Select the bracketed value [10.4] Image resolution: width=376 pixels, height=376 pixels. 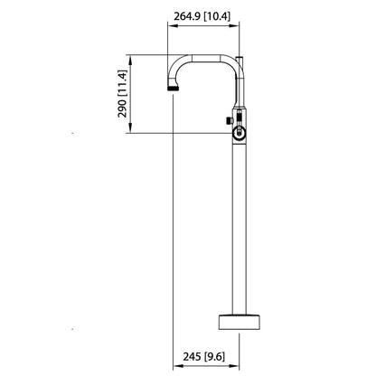[x=223, y=15]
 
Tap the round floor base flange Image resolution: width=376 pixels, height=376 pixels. [x=240, y=321]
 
